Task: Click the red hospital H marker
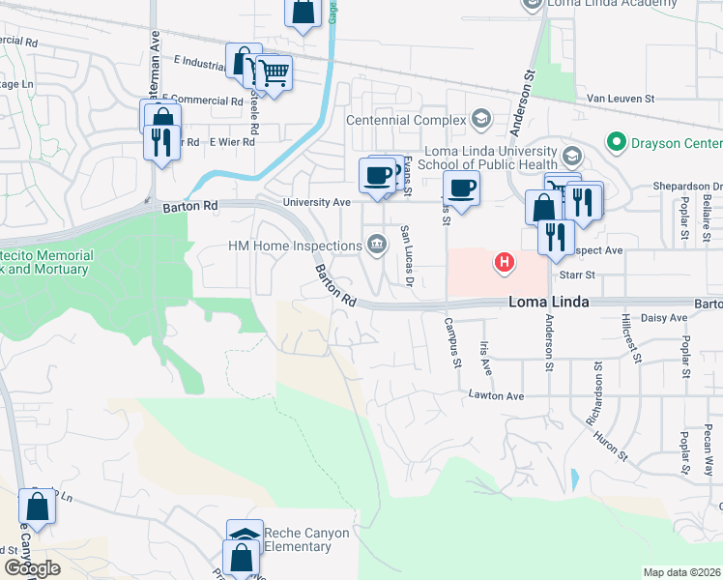tap(504, 261)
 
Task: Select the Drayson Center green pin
tap(615, 143)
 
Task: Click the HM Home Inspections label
tap(293, 246)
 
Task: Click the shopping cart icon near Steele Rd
tap(274, 71)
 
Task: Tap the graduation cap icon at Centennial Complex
tap(479, 119)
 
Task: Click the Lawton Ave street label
tap(496, 396)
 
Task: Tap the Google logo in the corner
tap(32, 568)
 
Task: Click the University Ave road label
tap(315, 203)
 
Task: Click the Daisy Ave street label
tap(663, 317)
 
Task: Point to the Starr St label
tap(570, 275)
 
